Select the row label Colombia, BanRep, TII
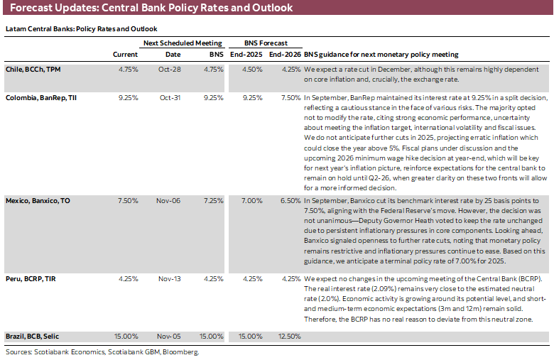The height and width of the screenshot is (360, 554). pyautogui.click(x=40, y=97)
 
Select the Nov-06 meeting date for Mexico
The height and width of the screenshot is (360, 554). pyautogui.click(x=170, y=201)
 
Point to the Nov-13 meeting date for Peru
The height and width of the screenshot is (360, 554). pyautogui.click(x=170, y=279)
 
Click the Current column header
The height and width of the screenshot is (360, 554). pyautogui.click(x=126, y=55)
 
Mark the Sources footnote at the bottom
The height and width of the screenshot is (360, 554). pyautogui.click(x=101, y=351)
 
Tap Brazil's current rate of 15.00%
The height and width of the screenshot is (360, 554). pyautogui.click(x=126, y=335)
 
